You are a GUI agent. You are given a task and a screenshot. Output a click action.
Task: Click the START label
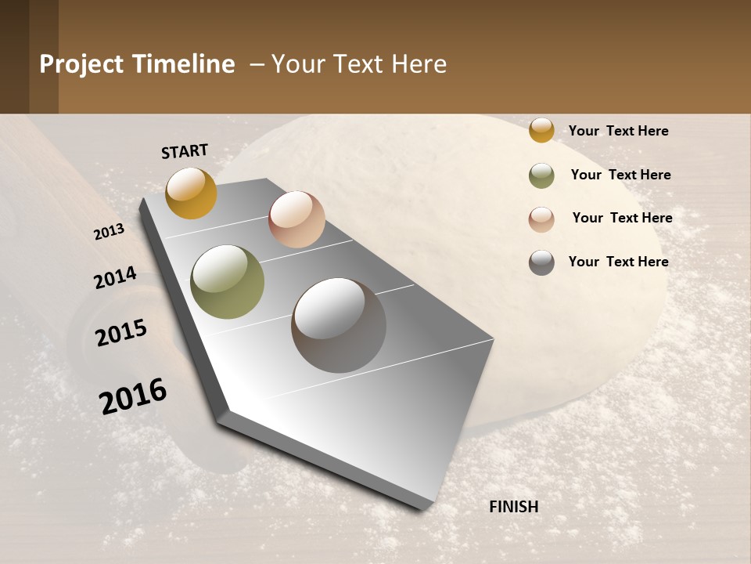185,151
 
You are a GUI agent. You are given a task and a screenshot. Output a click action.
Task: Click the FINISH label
514,507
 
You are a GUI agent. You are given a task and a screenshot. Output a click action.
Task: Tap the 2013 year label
109,232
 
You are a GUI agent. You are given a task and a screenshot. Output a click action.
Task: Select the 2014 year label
115,277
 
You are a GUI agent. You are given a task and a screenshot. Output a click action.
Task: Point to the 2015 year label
121,333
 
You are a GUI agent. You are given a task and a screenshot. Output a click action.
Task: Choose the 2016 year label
133,396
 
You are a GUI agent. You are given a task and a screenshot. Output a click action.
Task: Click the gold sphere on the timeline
191,193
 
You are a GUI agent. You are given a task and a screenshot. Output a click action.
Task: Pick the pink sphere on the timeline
296,219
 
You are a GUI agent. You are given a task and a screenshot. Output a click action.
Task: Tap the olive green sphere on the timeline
228,282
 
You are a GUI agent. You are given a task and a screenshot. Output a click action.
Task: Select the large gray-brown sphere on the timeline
339,325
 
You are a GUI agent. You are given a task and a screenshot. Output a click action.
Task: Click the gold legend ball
541,130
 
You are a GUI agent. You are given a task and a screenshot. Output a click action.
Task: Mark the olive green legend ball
541,175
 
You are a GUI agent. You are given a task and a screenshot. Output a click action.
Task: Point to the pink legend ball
541,219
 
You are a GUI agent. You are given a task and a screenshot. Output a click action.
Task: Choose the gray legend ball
541,262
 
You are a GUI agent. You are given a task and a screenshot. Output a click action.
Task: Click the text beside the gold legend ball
618,131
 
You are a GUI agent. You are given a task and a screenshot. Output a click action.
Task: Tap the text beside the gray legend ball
618,262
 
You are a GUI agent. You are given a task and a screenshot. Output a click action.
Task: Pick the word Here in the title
419,64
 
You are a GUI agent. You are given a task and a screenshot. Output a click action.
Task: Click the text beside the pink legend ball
622,218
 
